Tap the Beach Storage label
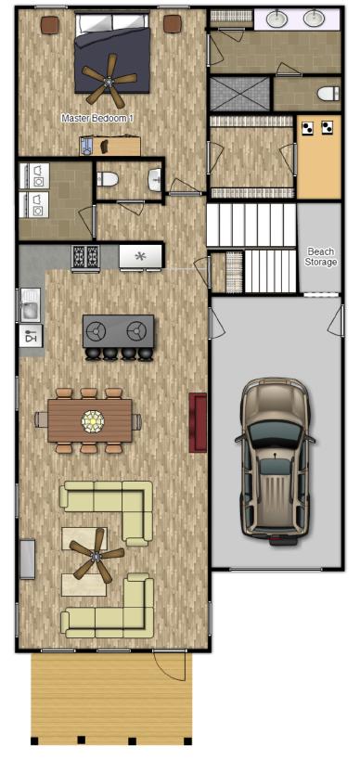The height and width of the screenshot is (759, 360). (x=321, y=257)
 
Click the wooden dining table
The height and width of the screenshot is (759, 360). (x=92, y=420)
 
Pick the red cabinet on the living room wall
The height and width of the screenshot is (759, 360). (x=198, y=422)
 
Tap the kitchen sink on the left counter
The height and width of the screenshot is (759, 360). (x=30, y=303)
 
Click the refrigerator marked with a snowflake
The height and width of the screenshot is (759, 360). (x=141, y=255)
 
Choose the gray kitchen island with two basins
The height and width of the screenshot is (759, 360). (x=118, y=329)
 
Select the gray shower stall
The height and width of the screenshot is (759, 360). (x=239, y=94)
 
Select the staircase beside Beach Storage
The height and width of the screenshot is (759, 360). (x=250, y=249)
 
